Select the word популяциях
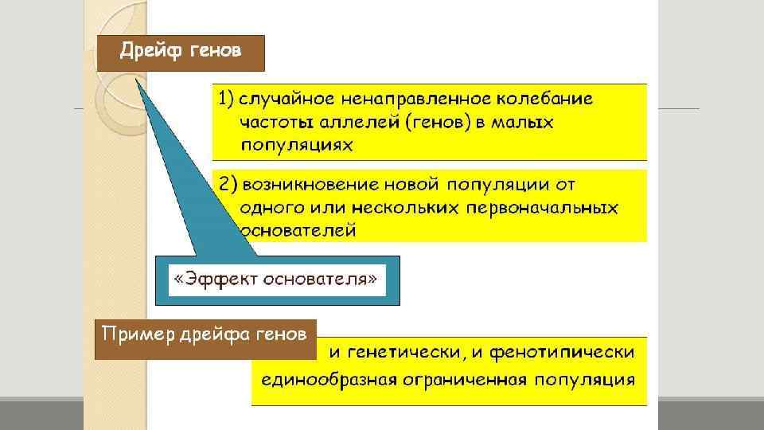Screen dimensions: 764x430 pyautogui.click(x=296, y=146)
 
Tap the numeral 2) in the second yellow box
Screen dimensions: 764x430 pyautogui.click(x=227, y=184)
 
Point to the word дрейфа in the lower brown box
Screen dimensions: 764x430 pyautogui.click(x=204, y=333)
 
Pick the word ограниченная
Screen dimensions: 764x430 pyautogui.click(x=463, y=378)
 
